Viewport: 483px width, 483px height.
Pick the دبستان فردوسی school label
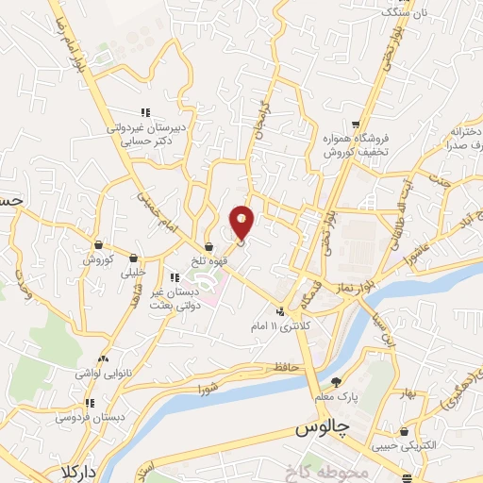(85, 416)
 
